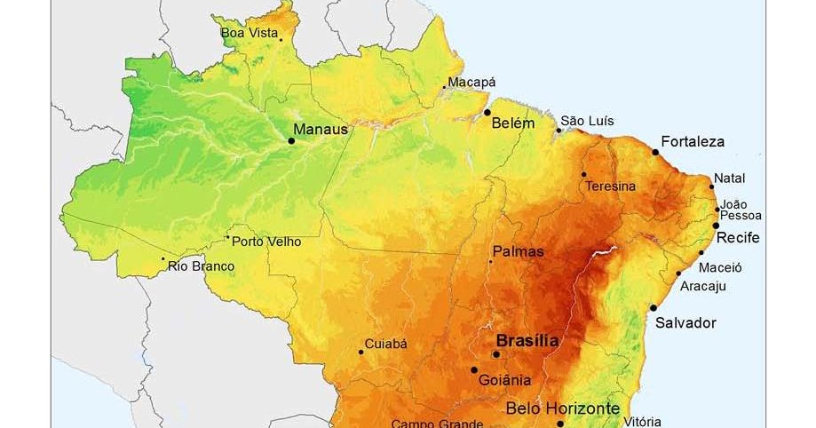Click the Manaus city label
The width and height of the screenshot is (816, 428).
(x=321, y=129)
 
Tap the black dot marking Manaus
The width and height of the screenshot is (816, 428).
(x=291, y=140)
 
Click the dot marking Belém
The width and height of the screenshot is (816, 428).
(x=487, y=113)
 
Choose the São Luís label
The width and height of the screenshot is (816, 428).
(x=587, y=121)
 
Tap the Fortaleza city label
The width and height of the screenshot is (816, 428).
(x=693, y=141)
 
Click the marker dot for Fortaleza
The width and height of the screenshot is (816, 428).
(x=656, y=152)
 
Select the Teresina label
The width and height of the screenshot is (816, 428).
(x=610, y=186)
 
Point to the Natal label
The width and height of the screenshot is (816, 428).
(x=729, y=178)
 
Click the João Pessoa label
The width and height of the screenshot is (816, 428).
(x=741, y=210)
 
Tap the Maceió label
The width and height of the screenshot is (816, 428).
(x=720, y=266)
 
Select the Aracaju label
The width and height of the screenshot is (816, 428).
(x=703, y=286)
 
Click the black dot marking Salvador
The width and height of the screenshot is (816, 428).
(x=654, y=308)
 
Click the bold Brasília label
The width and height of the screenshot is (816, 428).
(x=527, y=340)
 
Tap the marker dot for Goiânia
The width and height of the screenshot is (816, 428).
(x=474, y=370)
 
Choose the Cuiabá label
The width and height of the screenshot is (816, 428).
(x=386, y=344)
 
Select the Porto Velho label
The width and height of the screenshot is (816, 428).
(x=266, y=242)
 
